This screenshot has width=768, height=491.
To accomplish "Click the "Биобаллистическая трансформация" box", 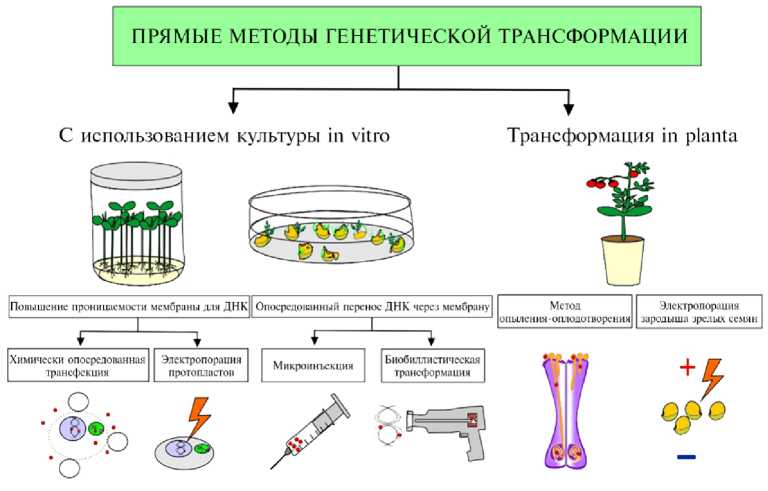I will pos(431,366).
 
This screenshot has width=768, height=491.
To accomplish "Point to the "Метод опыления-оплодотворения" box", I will pos(565,311).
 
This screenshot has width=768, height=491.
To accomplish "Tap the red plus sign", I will pos(687,369).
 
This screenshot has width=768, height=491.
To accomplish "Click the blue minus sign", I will pos(687,459).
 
